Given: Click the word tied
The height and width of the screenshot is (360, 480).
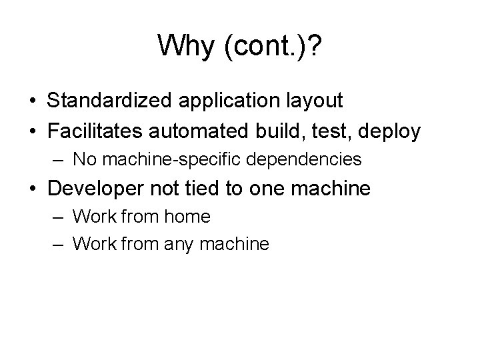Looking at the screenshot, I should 204,189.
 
